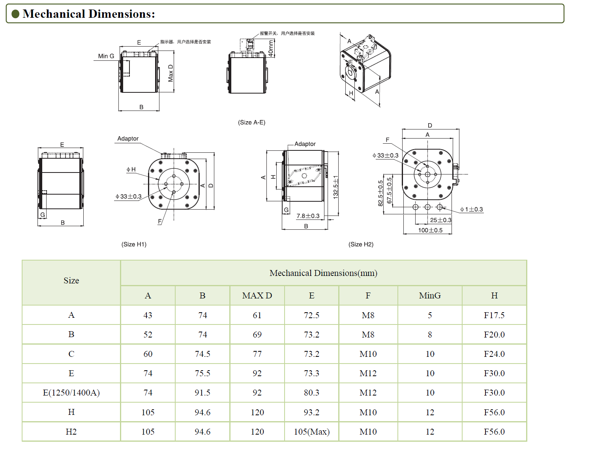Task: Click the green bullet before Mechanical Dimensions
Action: point(15,14)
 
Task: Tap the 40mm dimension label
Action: point(271,48)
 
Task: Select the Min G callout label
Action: point(106,56)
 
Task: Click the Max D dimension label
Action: point(171,73)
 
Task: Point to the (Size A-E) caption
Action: point(251,122)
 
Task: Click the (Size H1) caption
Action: point(134,244)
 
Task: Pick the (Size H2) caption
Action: point(361,244)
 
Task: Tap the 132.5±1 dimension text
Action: point(335,187)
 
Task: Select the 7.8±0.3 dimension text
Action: point(308,216)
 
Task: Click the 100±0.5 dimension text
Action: point(430,230)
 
